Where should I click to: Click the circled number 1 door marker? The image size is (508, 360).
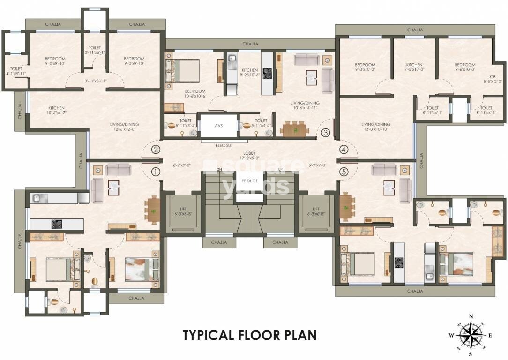[156, 172]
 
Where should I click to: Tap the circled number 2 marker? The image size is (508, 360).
[156, 150]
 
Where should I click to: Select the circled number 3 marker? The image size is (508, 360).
[326, 133]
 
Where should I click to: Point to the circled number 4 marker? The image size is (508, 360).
[344, 150]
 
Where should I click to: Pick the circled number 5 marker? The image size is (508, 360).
[344, 172]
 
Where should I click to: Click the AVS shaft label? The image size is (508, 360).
[219, 125]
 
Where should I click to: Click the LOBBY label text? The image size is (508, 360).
[249, 156]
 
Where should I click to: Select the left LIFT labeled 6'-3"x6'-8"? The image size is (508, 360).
[183, 211]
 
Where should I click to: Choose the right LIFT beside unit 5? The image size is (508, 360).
[316, 211]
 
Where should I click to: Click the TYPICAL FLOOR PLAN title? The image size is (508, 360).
[249, 335]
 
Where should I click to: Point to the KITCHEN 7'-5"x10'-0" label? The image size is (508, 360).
[414, 67]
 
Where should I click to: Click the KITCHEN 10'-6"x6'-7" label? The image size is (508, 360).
[56, 111]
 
